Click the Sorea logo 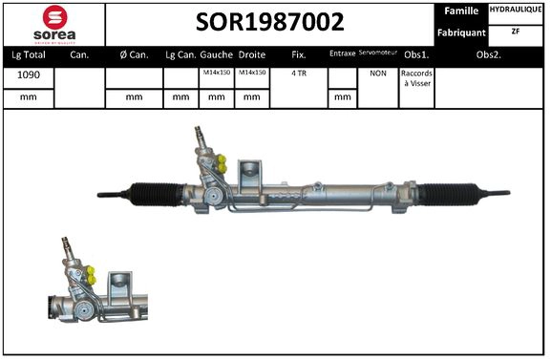[55, 23]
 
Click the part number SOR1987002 [270, 22]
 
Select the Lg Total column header [29, 54]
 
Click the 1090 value [29, 74]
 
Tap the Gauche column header [216, 54]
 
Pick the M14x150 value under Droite [251, 74]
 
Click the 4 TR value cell [299, 74]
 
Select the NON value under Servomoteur [377, 74]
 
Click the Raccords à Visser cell [416, 78]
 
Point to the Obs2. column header [489, 54]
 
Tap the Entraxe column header [341, 54]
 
